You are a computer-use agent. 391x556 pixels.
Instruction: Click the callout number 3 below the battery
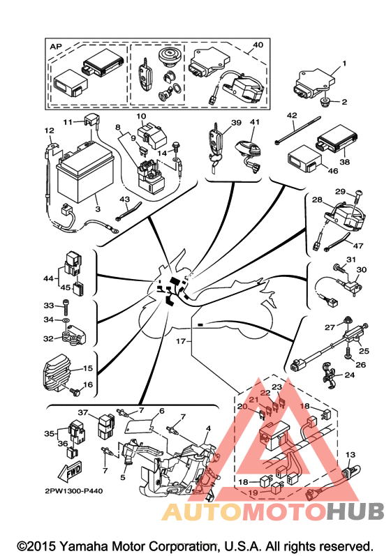click(x=98, y=209)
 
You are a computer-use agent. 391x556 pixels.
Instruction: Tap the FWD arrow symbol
click(x=71, y=471)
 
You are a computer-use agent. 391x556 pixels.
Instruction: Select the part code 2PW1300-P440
click(x=74, y=491)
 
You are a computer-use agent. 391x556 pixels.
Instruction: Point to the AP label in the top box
click(x=56, y=47)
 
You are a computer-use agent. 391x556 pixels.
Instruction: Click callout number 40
click(x=258, y=45)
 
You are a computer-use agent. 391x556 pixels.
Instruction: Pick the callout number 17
click(x=181, y=341)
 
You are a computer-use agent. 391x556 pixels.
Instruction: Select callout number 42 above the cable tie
click(x=292, y=116)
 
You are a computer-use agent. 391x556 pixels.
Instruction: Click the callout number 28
click(x=317, y=200)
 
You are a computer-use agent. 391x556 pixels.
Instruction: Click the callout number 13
click(x=351, y=455)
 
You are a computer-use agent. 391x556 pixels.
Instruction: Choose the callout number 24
click(x=350, y=375)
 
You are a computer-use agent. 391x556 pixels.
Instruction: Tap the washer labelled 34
click(x=67, y=320)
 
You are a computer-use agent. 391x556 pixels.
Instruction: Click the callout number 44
click(x=48, y=278)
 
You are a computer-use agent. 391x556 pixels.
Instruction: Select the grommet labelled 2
click(x=325, y=102)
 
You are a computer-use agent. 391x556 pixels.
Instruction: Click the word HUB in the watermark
click(x=355, y=511)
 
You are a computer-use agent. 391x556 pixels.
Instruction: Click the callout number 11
click(x=68, y=122)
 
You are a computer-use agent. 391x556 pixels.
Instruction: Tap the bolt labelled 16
click(x=76, y=391)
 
